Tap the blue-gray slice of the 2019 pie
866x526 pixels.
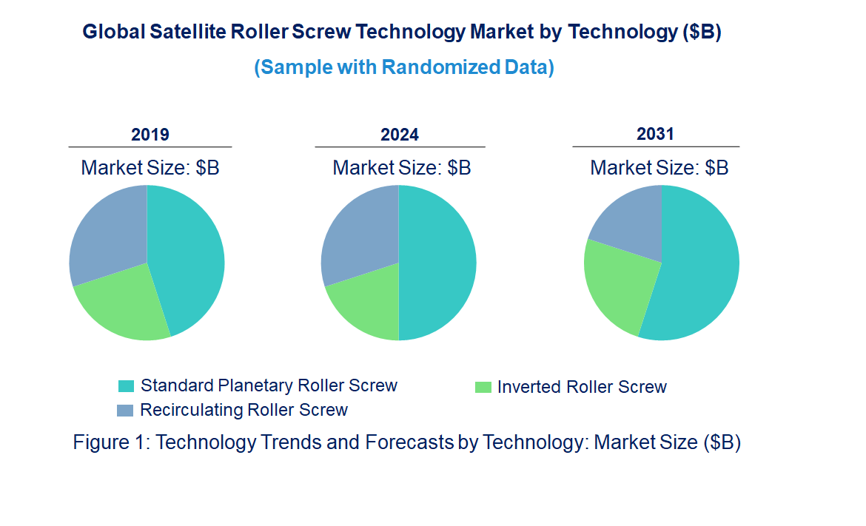pos(107,233)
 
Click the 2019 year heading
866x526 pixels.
pos(150,135)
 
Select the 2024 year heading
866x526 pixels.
pos(400,135)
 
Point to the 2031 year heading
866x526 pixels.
pos(656,134)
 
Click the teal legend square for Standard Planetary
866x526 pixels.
pos(126,386)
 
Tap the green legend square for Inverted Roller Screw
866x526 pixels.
pos(483,387)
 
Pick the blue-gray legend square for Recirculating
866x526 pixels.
pos(126,410)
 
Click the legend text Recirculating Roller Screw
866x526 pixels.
pos(244,410)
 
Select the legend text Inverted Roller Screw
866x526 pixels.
pos(582,387)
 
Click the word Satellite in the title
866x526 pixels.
pos(188,33)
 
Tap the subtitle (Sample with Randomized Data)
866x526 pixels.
pos(404,67)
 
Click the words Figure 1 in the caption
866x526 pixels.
pos(111,442)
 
